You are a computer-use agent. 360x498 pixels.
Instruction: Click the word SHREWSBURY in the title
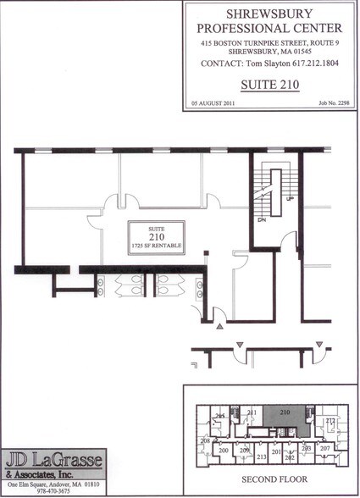[x=269, y=14]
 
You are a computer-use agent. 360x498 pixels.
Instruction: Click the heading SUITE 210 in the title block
[x=269, y=85]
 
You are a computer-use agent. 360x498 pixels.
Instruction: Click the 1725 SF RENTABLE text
[x=157, y=246]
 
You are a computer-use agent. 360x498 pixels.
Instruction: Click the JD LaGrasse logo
[x=53, y=463]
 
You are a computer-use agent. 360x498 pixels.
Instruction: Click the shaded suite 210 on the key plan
[x=285, y=413]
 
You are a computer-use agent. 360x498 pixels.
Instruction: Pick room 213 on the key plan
[x=262, y=456]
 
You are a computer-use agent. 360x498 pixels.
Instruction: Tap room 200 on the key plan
[x=223, y=450]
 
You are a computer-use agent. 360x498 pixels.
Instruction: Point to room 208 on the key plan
[x=204, y=441]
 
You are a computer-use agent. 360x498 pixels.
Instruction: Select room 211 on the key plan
[x=252, y=412]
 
